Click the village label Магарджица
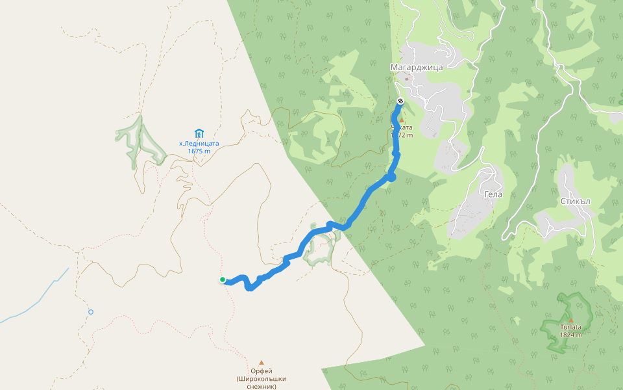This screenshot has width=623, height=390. coord(416,67)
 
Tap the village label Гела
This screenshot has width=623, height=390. coord(493,194)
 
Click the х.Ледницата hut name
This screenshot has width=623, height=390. coord(199,143)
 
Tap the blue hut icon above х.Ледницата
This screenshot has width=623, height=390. coord(199,133)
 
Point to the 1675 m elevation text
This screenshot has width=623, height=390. coord(199,151)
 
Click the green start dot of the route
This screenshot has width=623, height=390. coord(223,279)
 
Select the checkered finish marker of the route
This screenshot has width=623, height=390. coord(400,101)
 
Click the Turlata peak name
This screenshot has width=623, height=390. coord(571,327)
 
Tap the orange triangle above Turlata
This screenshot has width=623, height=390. coord(571,319)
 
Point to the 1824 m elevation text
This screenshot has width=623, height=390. coord(571,335)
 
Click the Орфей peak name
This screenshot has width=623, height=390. coord(262,371)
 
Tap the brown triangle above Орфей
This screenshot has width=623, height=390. coord(262,363)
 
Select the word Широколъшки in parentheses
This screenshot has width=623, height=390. coord(262,379)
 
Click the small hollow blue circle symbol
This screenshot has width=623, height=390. coord(91,312)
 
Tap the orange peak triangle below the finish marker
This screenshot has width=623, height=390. coord(401,120)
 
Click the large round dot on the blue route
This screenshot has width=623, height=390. coord(391,177)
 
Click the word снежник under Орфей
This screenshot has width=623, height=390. coord(262,386)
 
